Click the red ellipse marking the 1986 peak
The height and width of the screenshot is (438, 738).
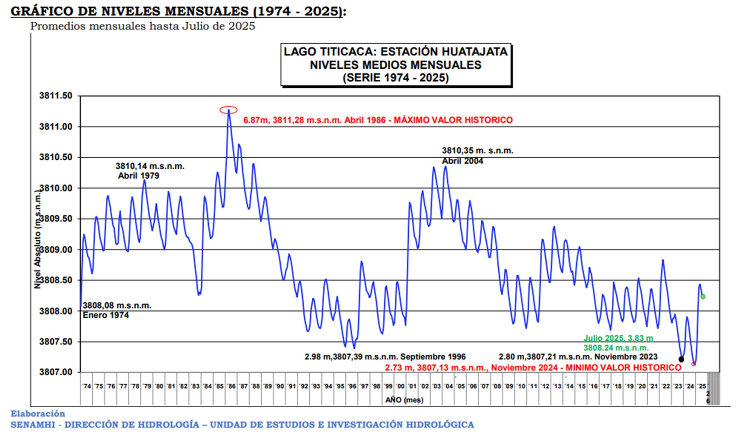229,110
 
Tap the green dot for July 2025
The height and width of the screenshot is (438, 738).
703,297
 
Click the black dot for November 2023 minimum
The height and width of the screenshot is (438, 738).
681,359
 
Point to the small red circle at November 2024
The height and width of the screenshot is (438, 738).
694,364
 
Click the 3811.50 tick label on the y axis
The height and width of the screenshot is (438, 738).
56,96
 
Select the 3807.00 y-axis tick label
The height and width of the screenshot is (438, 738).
56,373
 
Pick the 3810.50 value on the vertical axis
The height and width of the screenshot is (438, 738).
56,157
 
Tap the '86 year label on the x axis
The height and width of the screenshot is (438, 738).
231,386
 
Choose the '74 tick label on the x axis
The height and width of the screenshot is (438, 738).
87,386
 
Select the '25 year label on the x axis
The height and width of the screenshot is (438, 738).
702,386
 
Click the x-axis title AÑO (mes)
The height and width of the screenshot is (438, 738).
404,400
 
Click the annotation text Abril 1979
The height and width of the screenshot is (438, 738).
139,176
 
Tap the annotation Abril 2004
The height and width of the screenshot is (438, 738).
462,161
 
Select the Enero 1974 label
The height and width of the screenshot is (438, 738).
106,315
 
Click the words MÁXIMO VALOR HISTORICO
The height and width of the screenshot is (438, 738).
453,120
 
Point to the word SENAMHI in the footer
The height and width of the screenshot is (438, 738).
33,425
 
